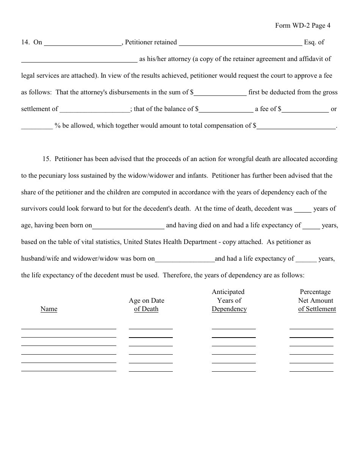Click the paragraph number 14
point(25,42)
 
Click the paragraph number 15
point(46,159)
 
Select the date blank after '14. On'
point(83,43)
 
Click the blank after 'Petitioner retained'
point(240,43)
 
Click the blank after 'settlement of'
point(95,110)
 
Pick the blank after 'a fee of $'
point(305,110)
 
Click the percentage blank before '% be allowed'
point(37,127)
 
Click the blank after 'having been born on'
point(128,226)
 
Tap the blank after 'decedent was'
point(303,210)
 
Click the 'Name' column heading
point(49,309)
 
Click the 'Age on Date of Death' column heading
point(146,305)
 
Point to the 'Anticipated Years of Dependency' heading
point(229,301)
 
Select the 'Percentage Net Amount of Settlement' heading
point(316,301)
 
